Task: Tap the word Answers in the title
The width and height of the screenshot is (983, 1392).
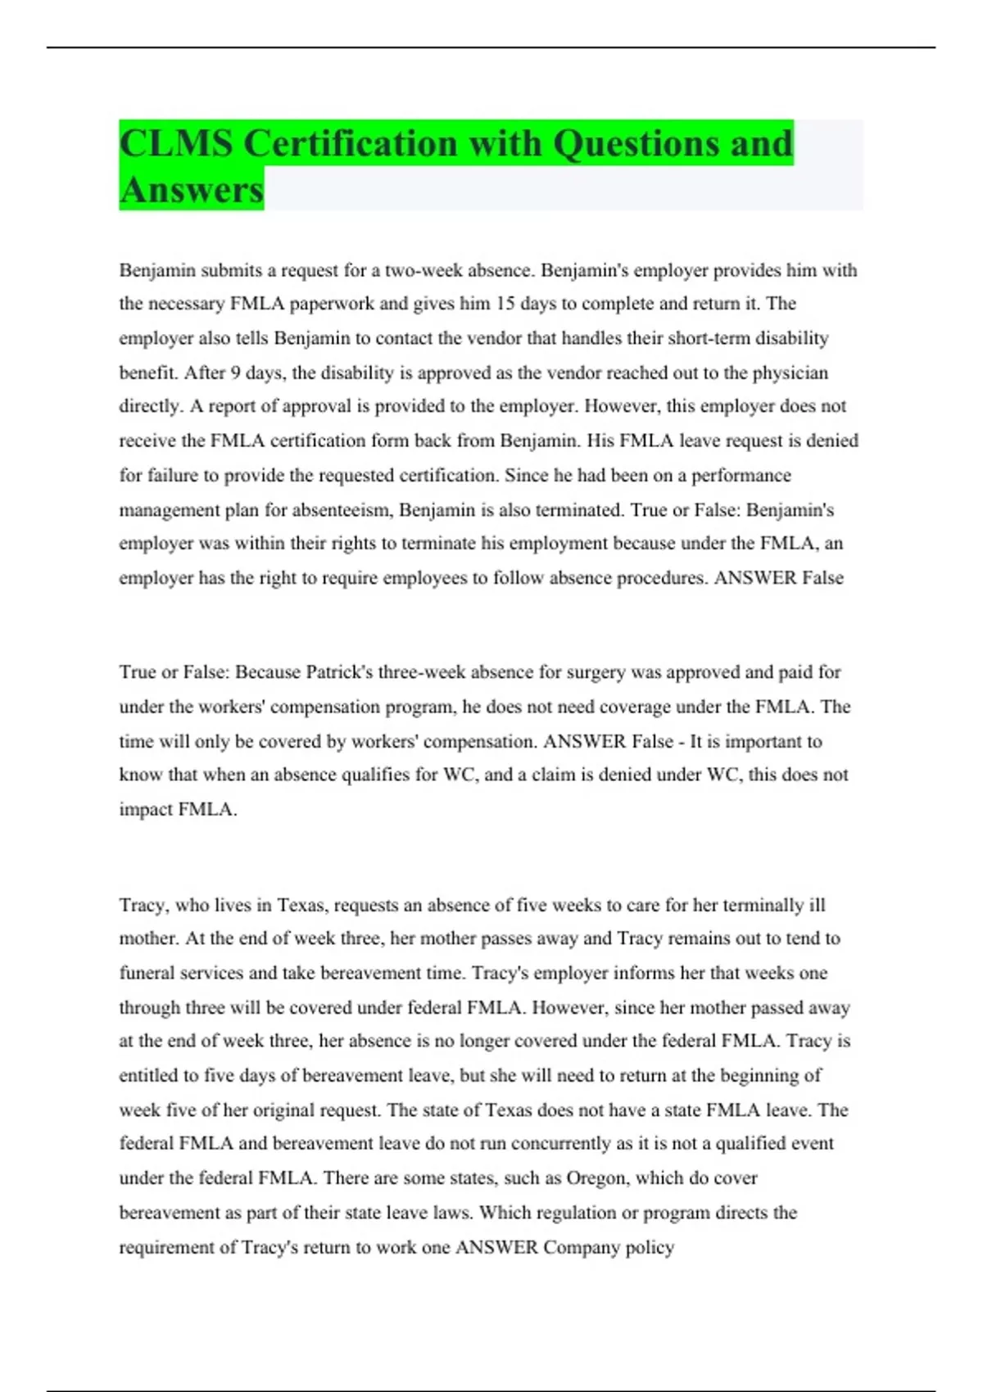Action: click(192, 190)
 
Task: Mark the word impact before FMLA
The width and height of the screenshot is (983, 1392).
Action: click(146, 810)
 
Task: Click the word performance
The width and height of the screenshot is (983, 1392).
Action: click(741, 476)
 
